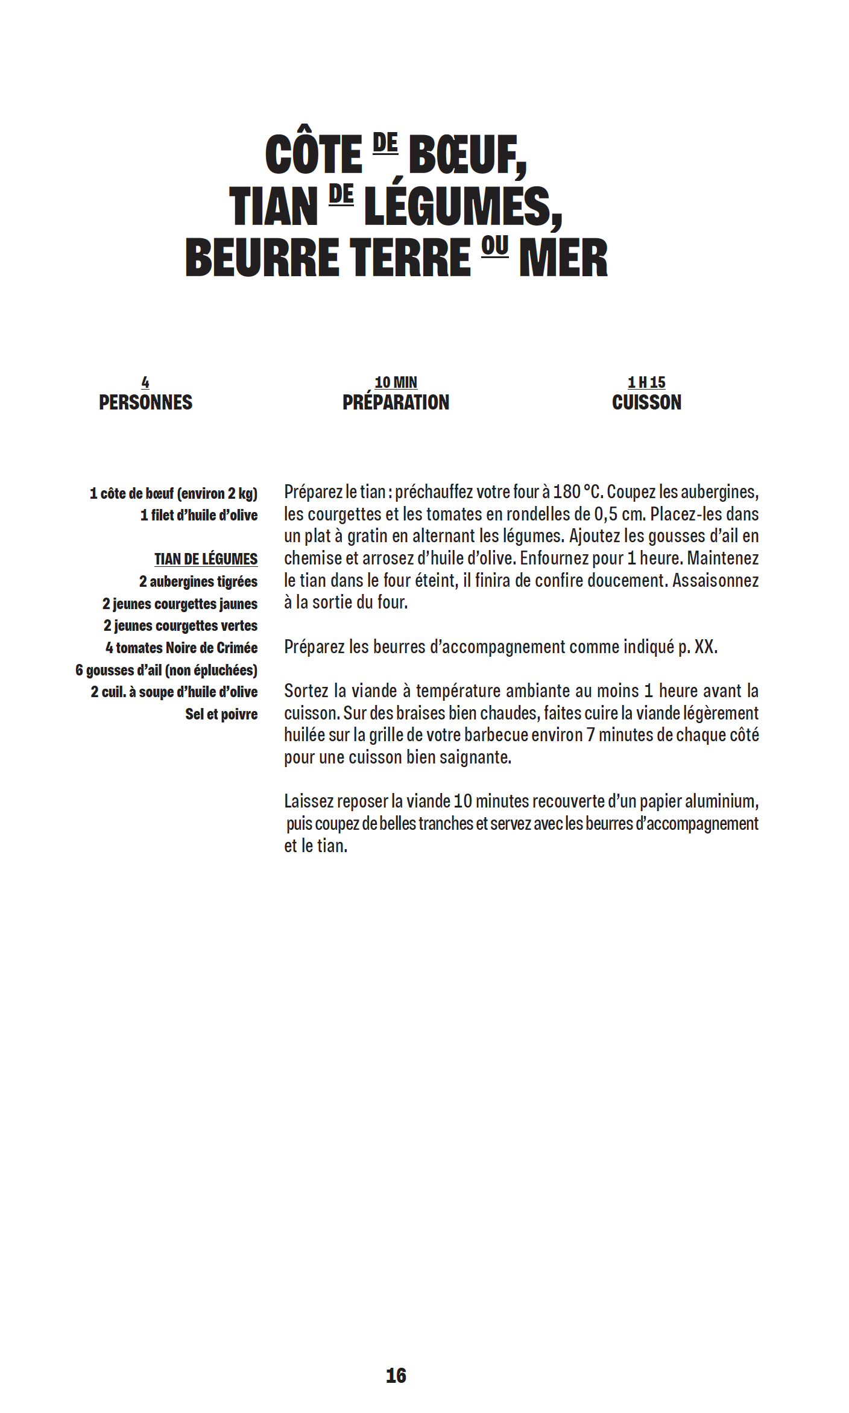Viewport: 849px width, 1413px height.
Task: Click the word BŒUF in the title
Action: (467, 155)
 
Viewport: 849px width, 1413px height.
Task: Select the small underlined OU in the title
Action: (494, 247)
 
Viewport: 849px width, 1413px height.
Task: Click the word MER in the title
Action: (563, 258)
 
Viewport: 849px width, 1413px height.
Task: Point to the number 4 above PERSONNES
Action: (145, 382)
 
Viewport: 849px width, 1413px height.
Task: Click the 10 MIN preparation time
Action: (396, 382)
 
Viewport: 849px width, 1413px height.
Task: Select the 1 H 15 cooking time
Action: (646, 382)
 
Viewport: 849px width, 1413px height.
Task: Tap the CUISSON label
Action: (646, 402)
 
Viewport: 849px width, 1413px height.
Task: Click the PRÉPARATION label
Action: (396, 402)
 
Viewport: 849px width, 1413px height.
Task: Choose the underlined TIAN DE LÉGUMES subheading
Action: (206, 559)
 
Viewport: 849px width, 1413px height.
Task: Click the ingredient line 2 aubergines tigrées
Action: (198, 581)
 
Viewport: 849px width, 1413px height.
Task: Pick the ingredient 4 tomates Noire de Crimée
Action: (181, 648)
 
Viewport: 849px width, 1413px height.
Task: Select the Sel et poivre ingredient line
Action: (221, 714)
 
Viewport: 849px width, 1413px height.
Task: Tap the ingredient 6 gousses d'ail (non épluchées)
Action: (166, 670)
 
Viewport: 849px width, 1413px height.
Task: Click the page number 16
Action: (396, 1376)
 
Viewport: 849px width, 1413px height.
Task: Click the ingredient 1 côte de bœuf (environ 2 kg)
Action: (174, 493)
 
